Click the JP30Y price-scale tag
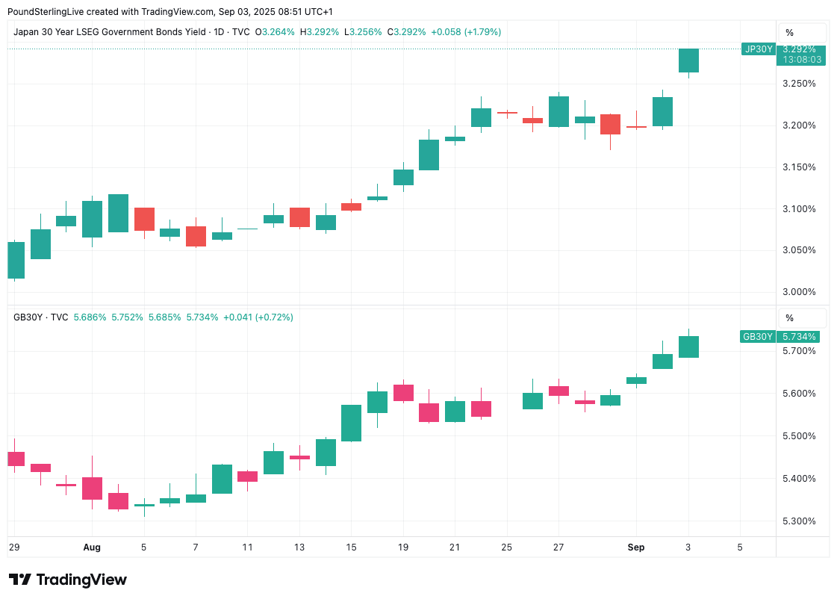(x=757, y=49)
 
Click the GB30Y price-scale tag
(x=757, y=337)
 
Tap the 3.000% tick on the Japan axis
(x=798, y=292)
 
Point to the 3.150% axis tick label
(x=798, y=167)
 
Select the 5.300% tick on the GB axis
(x=798, y=521)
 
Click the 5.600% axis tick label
(x=798, y=394)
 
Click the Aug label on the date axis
(x=92, y=547)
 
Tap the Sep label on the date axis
(x=635, y=547)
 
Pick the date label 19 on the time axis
(x=403, y=547)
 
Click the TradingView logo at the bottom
(x=67, y=580)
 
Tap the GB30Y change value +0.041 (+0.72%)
(x=258, y=317)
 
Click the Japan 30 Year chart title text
(x=109, y=32)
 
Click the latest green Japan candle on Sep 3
(x=688, y=60)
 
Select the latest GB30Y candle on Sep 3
(x=688, y=347)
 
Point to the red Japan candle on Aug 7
(x=196, y=236)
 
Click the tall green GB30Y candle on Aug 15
(x=351, y=423)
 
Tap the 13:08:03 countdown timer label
(x=802, y=60)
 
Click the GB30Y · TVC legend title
(x=41, y=317)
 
